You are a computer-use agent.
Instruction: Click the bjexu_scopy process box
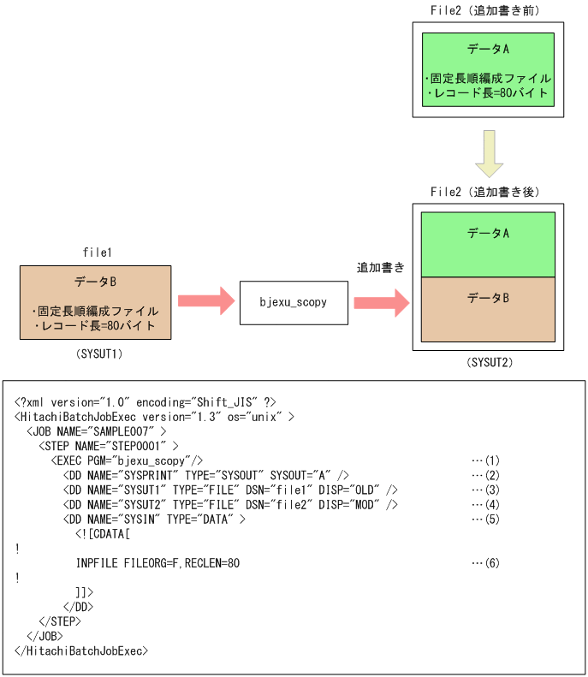click(294, 302)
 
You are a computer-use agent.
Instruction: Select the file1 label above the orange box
click(97, 253)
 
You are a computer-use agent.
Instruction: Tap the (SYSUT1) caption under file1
click(96, 352)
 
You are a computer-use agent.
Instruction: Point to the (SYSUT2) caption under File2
click(489, 363)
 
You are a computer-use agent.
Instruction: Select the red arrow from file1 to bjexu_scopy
click(205, 301)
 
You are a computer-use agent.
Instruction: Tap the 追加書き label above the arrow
click(381, 268)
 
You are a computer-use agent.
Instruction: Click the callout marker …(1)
click(485, 460)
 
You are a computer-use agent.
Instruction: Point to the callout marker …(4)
click(485, 504)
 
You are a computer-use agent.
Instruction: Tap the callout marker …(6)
click(485, 563)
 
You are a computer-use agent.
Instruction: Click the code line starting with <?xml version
click(146, 401)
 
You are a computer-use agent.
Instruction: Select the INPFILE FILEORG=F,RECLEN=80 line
click(157, 563)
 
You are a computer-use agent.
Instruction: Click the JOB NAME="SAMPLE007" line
click(97, 431)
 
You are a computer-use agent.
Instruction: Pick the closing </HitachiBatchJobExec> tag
click(81, 650)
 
